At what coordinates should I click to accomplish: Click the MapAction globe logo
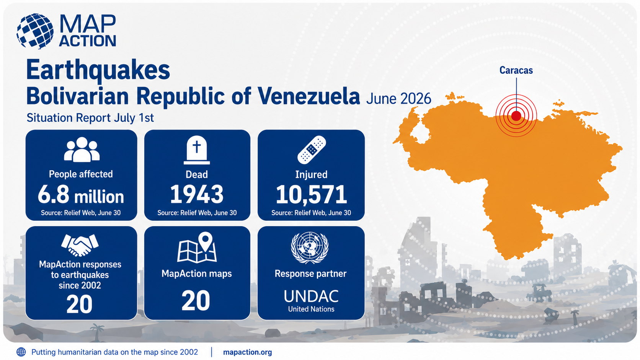pos(35,31)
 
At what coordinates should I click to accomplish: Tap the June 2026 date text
pos(398,99)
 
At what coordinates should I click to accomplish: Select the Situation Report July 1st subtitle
pos(90,117)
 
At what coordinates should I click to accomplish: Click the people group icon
pos(82,149)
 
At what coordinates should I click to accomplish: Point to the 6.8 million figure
pos(81,195)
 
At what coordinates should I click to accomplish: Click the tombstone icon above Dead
pos(197,150)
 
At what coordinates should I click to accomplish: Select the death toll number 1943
pos(197,194)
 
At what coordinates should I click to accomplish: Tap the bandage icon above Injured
pos(312,150)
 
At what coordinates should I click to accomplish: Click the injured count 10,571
pos(312,195)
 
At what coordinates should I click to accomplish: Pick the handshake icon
pos(80,245)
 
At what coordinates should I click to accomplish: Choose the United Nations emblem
pos(310,247)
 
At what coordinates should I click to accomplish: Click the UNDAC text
pos(311,296)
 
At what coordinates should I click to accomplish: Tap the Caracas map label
pos(516,70)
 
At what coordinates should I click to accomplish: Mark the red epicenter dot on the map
pos(516,116)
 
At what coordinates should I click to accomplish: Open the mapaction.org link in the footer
pos(247,352)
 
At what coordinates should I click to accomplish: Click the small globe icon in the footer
pos(21,352)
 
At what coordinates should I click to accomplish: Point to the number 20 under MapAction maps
pos(196,300)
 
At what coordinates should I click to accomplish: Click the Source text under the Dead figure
pos(197,213)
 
